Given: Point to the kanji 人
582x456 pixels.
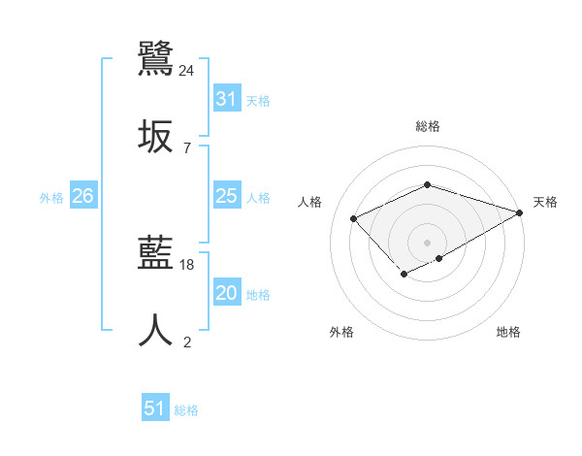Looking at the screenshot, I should pos(155,331).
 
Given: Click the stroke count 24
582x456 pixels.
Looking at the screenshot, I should pos(186,70).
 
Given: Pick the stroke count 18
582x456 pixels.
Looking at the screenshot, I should pos(186,264).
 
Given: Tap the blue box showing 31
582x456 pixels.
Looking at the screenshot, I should pos(226,99).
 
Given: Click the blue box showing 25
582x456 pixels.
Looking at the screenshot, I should pos(226,196).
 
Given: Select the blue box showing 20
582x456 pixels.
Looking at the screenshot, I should pos(226,293).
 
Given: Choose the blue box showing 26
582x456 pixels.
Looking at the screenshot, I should pos(82,196).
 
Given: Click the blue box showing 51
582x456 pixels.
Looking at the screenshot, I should pos(154,408).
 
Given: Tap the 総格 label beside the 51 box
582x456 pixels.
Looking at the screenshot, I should pos(186,410).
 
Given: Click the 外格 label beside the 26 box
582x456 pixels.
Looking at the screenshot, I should pos(51,197).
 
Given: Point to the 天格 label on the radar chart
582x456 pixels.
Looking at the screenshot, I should pos(545,202).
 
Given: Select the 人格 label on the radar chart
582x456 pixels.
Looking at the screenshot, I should pos(309,202).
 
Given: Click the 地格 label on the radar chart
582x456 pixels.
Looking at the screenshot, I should pos(508,332).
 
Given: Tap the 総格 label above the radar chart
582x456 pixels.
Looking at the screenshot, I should pos(427,126).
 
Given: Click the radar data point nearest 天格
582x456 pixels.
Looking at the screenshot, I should pos(519,212).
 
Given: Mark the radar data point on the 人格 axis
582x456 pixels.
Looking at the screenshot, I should pos(354,218).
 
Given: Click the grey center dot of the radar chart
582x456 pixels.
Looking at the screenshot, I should pos(427,242).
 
